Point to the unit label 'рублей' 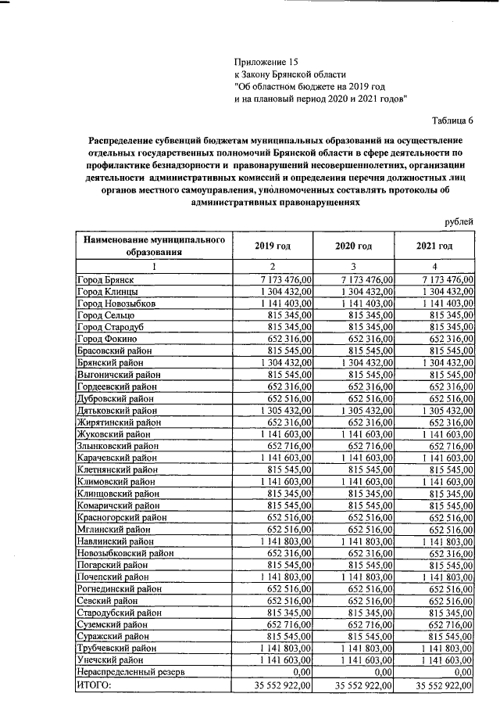(459, 221)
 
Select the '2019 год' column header (273, 246)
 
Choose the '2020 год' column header (353, 246)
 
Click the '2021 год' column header (434, 246)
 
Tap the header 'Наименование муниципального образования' (154, 246)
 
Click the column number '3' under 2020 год (353, 266)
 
